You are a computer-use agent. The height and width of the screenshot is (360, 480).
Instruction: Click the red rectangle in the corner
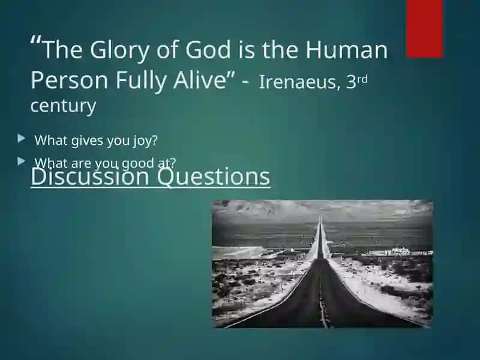[424, 28]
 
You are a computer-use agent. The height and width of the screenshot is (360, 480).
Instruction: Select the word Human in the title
[347, 50]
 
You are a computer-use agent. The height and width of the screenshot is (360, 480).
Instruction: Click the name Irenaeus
[299, 82]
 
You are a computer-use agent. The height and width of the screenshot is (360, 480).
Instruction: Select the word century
[63, 106]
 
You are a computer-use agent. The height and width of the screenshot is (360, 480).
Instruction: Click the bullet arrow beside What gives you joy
[22, 139]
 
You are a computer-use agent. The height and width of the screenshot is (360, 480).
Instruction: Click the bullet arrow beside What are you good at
[22, 161]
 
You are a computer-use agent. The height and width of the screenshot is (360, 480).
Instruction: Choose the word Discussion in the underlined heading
[90, 176]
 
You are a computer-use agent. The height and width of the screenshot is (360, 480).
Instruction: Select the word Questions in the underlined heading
[214, 177]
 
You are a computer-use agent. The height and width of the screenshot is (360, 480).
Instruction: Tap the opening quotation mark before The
[36, 40]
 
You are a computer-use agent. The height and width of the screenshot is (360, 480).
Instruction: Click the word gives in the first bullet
[87, 141]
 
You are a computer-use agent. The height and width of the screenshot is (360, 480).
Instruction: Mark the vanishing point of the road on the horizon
[320, 217]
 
